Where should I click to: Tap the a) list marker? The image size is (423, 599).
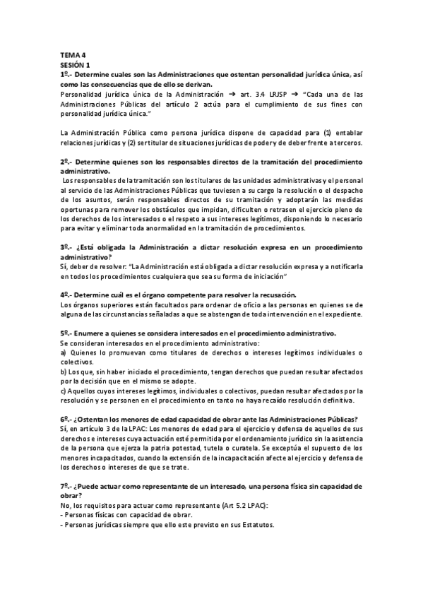click(x=64, y=352)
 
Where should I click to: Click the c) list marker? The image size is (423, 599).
click(x=64, y=390)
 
